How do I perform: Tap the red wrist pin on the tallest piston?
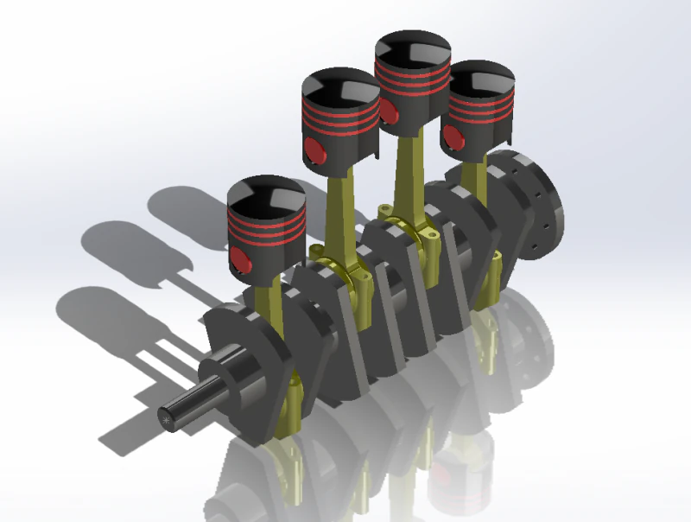pos(389,111)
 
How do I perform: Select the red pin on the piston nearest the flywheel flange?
pos(451,136)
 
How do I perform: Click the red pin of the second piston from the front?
pos(316,152)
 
